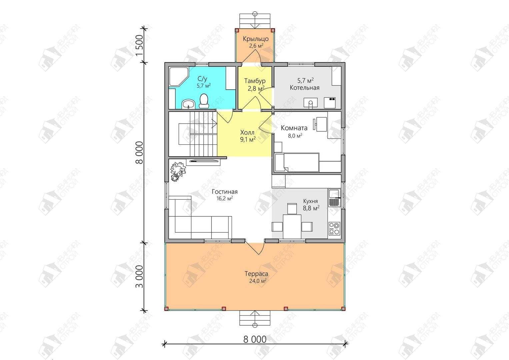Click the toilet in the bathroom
(204, 101)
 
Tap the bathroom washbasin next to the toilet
(188, 104)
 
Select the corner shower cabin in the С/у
(179, 76)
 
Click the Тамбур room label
(255, 81)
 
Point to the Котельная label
(304, 88)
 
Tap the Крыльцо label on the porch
(256, 39)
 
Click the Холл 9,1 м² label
(248, 136)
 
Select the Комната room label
(294, 128)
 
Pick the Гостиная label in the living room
(225, 192)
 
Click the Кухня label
(310, 201)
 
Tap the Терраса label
(256, 274)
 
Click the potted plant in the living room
(178, 171)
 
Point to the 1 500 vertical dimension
(139, 45)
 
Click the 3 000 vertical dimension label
(139, 277)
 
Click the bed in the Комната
(297, 163)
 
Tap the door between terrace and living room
(255, 247)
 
